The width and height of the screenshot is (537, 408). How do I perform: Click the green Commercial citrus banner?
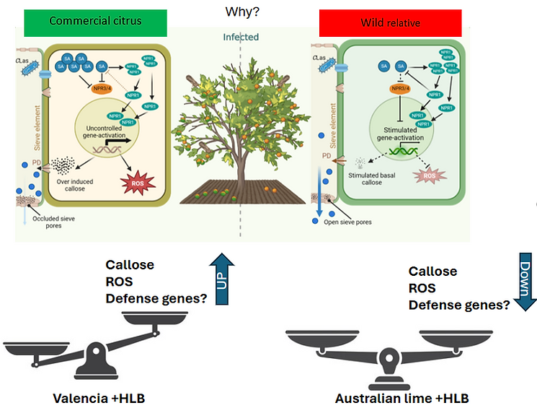point(95,21)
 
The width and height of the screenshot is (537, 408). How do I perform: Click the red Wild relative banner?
point(391,22)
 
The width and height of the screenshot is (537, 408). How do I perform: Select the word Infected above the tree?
point(240,37)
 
